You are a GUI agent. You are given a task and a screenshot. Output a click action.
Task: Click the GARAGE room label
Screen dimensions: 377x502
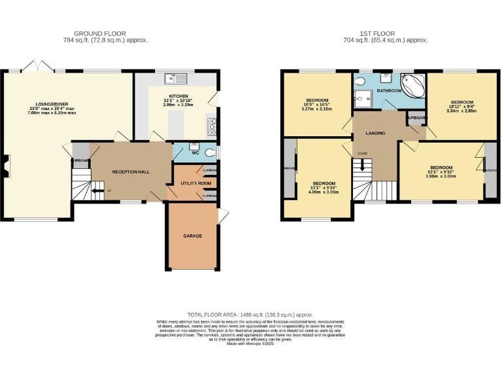192,236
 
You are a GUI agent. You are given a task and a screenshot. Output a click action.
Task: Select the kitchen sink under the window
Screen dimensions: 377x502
177,80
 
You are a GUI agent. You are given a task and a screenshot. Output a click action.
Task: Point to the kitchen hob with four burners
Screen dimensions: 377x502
211,124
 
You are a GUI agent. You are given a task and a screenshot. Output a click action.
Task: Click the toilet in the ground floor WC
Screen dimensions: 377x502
210,153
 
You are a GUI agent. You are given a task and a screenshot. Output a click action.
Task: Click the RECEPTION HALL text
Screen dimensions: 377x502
131,171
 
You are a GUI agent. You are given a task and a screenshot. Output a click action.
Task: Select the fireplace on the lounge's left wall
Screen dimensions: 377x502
6,166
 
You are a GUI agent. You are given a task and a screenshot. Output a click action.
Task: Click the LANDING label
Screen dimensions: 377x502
375,133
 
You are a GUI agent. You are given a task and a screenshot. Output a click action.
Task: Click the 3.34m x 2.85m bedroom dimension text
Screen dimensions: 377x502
461,111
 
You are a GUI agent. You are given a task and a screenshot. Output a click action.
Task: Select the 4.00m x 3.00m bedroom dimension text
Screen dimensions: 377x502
324,192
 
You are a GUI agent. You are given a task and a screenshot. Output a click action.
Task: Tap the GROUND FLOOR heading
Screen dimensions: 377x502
100,33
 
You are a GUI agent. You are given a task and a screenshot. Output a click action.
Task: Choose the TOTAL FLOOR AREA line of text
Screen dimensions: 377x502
250,315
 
